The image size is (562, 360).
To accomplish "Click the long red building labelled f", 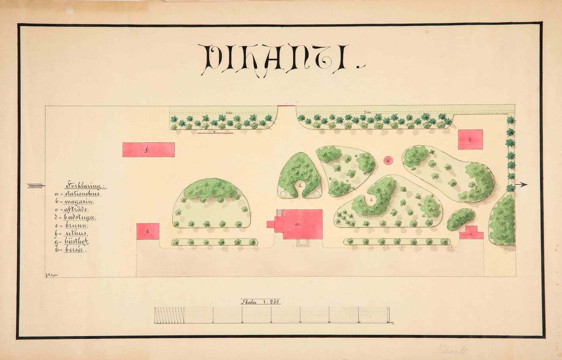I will coord(148,150).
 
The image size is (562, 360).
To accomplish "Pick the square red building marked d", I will coord(470,139).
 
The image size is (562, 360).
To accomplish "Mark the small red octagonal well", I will coord(388,161).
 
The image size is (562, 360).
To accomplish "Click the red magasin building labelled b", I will coord(148,232).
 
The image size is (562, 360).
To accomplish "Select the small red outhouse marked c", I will coord(472,233).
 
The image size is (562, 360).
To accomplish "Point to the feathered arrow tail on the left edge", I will coord(35,186).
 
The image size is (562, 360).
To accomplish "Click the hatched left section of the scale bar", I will coord(169,315).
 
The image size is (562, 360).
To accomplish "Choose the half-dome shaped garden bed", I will coord(212,203).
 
